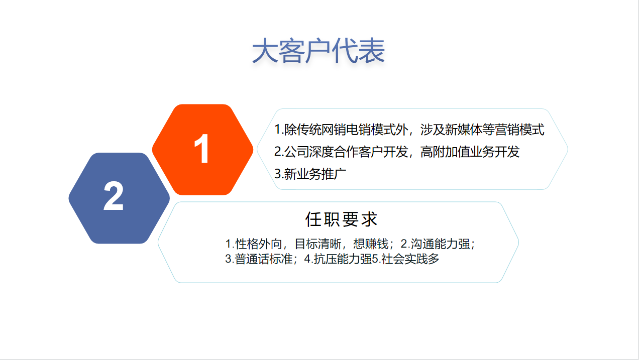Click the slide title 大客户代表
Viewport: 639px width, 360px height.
pos(318,51)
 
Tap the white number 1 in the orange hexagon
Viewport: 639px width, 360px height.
pos(201,149)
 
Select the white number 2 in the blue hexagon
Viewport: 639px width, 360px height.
pos(114,196)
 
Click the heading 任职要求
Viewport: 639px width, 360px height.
pos(341,219)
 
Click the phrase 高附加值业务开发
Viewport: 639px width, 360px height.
pos(470,152)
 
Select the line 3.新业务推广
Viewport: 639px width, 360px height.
pos(310,174)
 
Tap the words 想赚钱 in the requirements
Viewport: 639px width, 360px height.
pos(371,244)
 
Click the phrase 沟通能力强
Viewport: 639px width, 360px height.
pos(440,244)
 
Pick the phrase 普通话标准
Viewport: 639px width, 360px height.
pos(264,259)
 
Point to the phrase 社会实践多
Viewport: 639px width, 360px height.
pos(410,259)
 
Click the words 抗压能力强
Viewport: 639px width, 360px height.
pos(343,259)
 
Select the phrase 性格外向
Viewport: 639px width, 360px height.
pos(259,244)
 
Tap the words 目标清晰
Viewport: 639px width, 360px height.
pos(318,244)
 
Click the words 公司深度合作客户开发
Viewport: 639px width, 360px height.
pos(346,152)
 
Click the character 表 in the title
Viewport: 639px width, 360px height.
pos(372,51)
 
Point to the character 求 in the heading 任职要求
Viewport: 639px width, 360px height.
pos(369,219)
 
